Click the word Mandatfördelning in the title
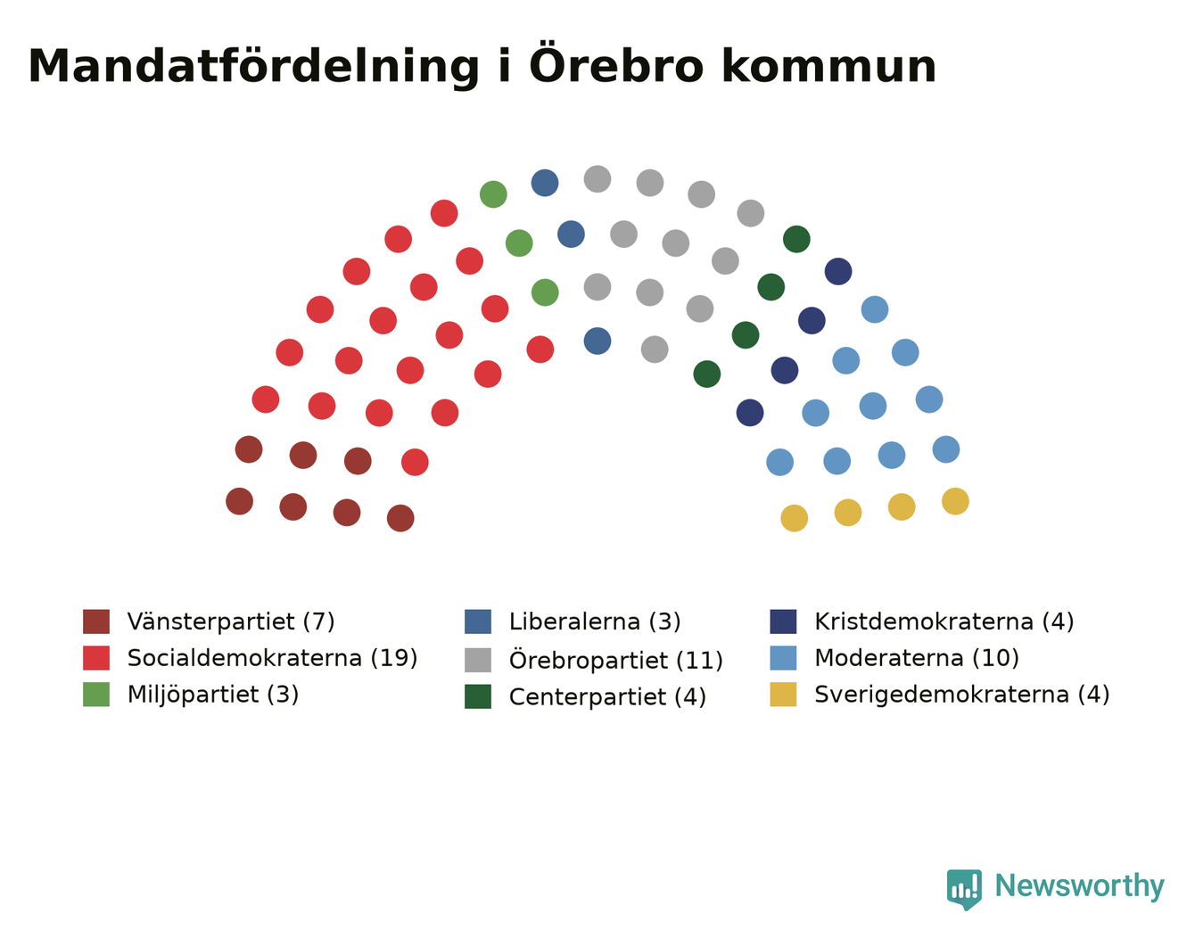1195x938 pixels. pyautogui.click(x=253, y=67)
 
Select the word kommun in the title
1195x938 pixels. pyautogui.click(x=828, y=67)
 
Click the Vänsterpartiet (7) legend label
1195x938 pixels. pyautogui.click(x=231, y=621)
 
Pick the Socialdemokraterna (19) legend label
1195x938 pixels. pyautogui.click(x=272, y=658)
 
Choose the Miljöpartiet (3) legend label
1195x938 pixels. pyautogui.click(x=213, y=695)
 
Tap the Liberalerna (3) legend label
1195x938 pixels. pyautogui.click(x=595, y=621)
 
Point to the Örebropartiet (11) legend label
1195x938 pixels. pyautogui.click(x=616, y=660)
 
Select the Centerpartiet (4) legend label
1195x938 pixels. pyautogui.click(x=607, y=697)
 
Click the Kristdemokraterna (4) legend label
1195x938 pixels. pyautogui.click(x=944, y=621)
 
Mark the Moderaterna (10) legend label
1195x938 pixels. pyautogui.click(x=917, y=658)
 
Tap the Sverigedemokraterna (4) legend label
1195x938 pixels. pyautogui.click(x=962, y=695)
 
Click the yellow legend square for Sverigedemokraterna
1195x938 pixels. pyautogui.click(x=783, y=695)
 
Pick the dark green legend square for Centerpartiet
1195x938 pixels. pyautogui.click(x=478, y=696)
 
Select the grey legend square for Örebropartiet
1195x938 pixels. pyautogui.click(x=478, y=660)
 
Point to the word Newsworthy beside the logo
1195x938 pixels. pyautogui.click(x=1080, y=885)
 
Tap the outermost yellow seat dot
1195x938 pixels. pyautogui.click(x=955, y=501)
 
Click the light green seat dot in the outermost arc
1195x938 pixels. pyautogui.click(x=493, y=194)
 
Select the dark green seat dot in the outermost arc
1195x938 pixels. pyautogui.click(x=796, y=239)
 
